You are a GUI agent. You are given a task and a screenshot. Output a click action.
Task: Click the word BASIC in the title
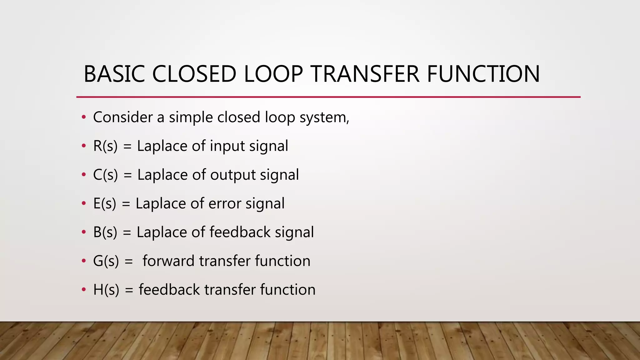tap(114, 74)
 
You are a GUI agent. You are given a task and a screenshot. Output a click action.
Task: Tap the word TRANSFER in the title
tap(365, 74)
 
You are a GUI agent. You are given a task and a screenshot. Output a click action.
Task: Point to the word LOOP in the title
tap(273, 74)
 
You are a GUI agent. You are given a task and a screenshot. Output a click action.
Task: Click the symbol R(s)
tap(105, 146)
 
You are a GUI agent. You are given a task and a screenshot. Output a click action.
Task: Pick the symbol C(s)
tap(106, 175)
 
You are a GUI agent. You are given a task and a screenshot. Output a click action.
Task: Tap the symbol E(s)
tap(105, 203)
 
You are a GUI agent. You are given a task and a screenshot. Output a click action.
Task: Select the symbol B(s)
tap(105, 232)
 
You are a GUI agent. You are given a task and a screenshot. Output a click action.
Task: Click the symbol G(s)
tap(106, 261)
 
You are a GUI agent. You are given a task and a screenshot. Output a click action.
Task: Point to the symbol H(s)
tap(106, 290)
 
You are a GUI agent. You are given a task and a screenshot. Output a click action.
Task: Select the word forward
tap(168, 261)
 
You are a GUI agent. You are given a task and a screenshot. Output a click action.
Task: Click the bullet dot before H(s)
tap(83, 290)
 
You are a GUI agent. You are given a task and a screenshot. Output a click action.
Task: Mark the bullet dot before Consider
tap(83, 117)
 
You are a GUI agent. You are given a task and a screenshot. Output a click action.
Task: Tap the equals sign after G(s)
tap(128, 261)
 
